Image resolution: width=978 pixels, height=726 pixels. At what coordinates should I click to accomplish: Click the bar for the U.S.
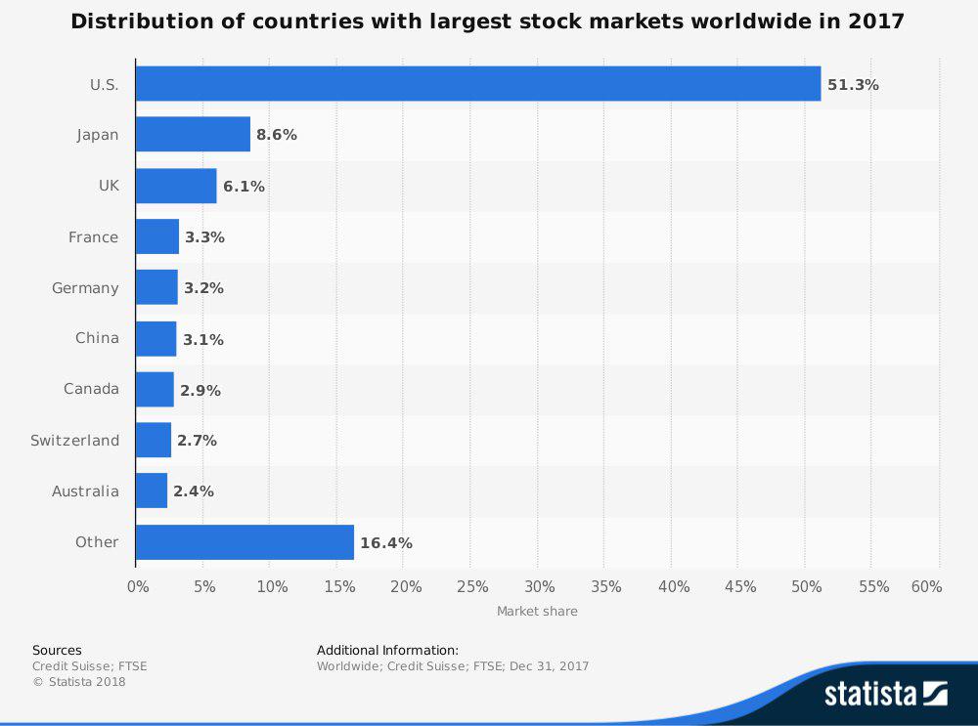[477, 84]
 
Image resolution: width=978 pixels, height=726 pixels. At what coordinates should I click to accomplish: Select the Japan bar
[193, 135]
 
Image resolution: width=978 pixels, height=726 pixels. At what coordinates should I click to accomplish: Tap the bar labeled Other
[244, 542]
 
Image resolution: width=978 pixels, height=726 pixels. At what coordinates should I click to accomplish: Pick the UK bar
[176, 186]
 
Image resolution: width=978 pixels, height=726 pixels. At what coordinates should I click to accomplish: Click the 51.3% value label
[853, 85]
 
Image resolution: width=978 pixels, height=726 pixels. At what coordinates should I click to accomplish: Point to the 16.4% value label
[386, 543]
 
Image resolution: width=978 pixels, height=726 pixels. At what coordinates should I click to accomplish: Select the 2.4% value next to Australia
[194, 491]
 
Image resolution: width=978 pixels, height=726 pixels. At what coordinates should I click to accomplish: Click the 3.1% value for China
[203, 339]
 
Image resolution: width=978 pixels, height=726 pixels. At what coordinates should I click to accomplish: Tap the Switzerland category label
[74, 441]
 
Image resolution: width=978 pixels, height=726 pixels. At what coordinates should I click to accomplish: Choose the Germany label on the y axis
[85, 288]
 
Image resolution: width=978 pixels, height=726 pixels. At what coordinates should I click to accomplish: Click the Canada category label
[91, 389]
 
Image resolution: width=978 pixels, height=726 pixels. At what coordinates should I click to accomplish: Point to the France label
[93, 237]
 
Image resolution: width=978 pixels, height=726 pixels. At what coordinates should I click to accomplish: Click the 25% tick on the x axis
[472, 587]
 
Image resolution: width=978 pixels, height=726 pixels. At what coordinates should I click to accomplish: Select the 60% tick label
[925, 587]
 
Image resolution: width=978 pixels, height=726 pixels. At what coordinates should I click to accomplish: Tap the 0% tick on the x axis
[138, 587]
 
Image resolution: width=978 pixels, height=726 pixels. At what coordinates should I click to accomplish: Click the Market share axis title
[537, 612]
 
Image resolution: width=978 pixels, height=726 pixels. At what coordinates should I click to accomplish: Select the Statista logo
[885, 694]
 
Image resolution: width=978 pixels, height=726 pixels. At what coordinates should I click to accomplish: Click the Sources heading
[57, 651]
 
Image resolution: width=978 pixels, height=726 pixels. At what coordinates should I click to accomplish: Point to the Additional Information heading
[387, 651]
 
